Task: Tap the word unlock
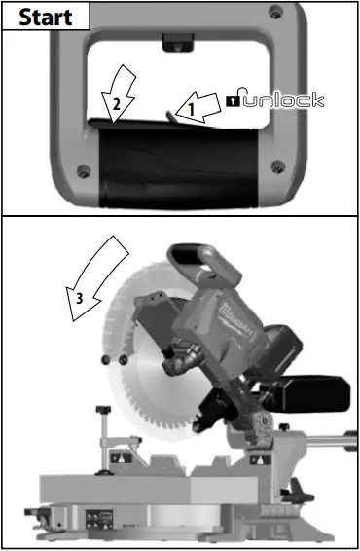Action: [283, 100]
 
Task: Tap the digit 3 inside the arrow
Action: [80, 296]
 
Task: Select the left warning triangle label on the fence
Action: [116, 455]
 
